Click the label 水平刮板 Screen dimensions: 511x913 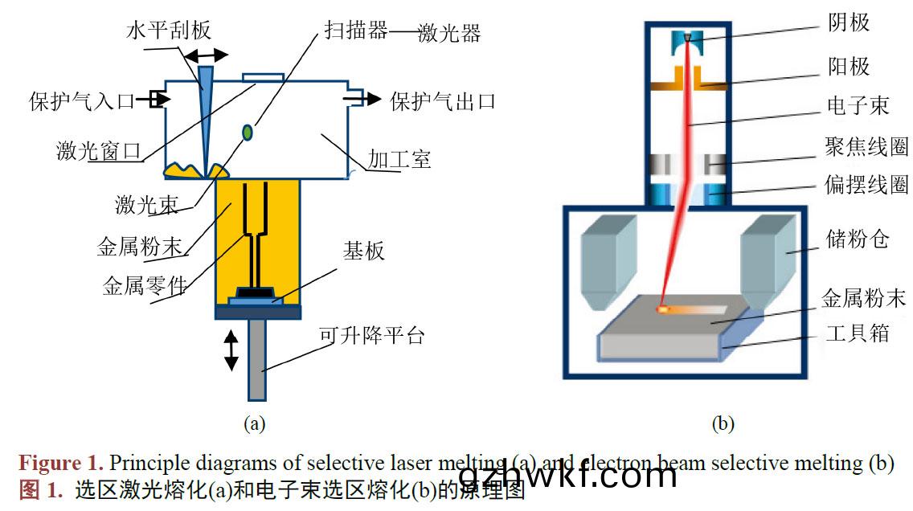coord(169,31)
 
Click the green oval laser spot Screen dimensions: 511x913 coord(248,131)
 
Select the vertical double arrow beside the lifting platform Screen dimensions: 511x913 coord(231,350)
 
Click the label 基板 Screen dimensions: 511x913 coord(364,251)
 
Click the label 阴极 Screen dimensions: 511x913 coord(849,22)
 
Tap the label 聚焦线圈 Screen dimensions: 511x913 coord(866,146)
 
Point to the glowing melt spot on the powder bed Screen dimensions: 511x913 coord(664,308)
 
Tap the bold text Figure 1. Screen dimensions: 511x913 coord(61,463)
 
